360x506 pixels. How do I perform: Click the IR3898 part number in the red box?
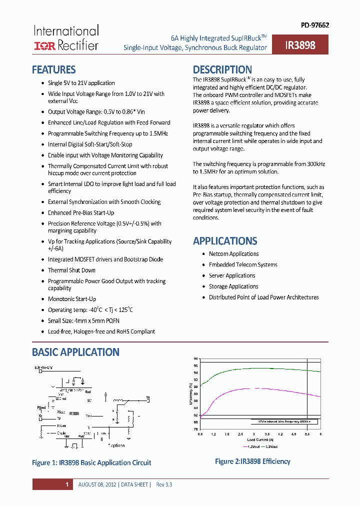click(300, 45)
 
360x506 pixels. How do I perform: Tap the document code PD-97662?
click(314, 25)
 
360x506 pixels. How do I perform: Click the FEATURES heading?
click(53, 69)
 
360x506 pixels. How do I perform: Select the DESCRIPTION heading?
click(222, 69)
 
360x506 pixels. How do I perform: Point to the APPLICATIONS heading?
click(225, 240)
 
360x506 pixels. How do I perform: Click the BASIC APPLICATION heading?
click(75, 352)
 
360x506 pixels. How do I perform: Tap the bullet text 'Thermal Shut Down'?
click(71, 270)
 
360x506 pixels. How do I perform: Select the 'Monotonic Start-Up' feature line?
click(72, 299)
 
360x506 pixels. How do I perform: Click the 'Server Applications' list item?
click(232, 275)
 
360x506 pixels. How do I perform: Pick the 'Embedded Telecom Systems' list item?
click(243, 264)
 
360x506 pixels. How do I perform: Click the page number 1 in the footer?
click(67, 484)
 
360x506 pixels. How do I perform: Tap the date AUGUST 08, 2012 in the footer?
click(98, 484)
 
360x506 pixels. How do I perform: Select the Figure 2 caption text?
click(252, 461)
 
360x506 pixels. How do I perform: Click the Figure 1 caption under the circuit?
click(91, 462)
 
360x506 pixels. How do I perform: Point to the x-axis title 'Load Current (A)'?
click(259, 439)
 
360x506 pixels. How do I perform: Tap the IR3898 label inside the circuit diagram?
click(73, 413)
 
